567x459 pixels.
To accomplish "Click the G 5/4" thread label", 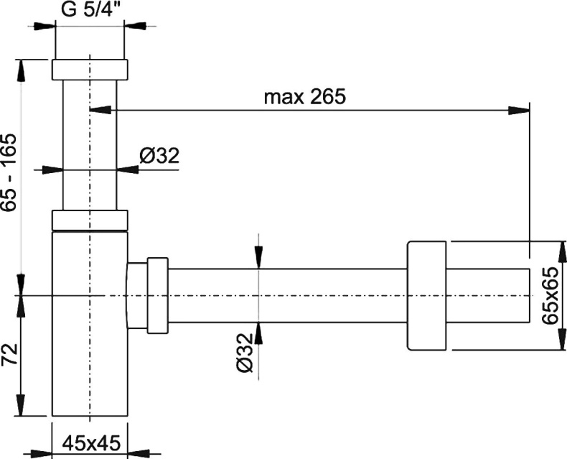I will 90,11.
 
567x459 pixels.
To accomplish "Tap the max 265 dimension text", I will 304,97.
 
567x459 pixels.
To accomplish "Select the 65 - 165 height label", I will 9,172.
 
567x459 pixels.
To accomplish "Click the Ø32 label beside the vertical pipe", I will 159,155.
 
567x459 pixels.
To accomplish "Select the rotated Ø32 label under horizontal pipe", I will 245,352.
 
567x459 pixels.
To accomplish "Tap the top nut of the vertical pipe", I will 90,70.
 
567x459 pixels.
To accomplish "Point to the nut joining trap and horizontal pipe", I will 157,295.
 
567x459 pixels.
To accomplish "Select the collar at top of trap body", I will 90,220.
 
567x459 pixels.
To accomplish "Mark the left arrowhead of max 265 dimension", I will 100,110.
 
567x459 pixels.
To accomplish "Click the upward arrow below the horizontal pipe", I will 258,331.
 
